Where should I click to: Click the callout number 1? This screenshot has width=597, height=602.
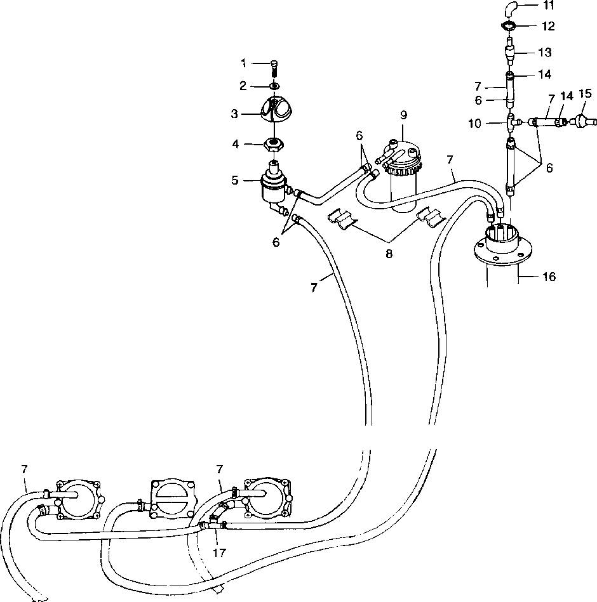coord(243,63)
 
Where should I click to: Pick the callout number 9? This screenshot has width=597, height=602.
coord(403,115)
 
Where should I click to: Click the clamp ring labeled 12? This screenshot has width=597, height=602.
coord(509,26)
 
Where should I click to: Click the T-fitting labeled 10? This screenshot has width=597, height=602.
coord(511,121)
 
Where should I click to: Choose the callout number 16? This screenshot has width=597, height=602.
coord(549,277)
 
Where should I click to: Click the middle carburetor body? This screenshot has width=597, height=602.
coord(171,497)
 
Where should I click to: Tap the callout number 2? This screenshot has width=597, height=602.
coord(243,86)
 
